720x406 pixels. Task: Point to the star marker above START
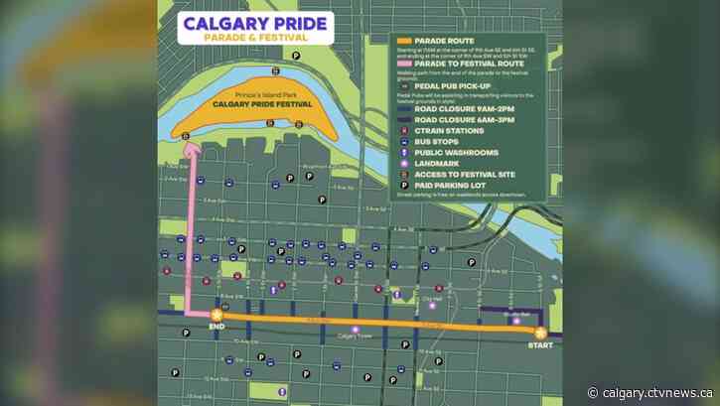pyautogui.click(x=540, y=334)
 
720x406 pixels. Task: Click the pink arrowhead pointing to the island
pyautogui.click(x=192, y=147)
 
